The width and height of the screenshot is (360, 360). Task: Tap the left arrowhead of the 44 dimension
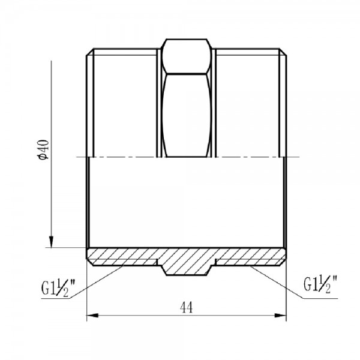pyautogui.click(x=92, y=316)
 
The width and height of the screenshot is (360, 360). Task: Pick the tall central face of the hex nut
pyautogui.click(x=187, y=114)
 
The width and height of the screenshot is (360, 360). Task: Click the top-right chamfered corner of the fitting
pyautogui.click(x=283, y=50)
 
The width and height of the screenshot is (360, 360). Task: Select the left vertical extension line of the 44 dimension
pyautogui.click(x=88, y=294)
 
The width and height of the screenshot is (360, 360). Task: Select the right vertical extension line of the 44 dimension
pyautogui.click(x=284, y=294)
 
